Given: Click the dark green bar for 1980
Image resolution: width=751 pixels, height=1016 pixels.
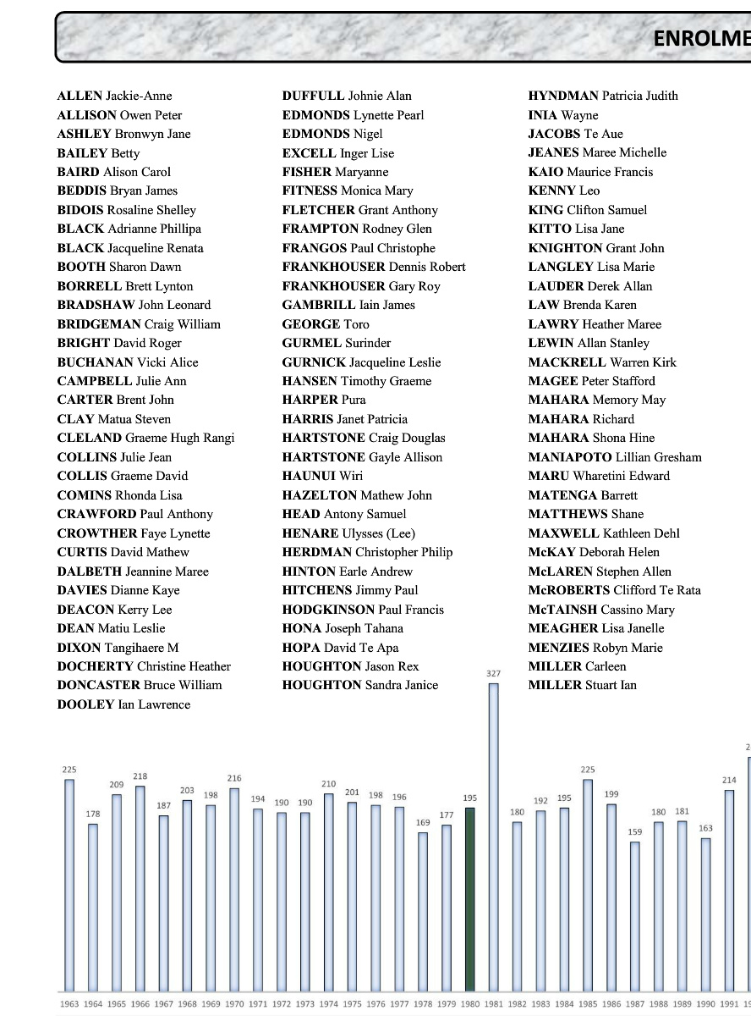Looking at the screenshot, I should pyautogui.click(x=470, y=898).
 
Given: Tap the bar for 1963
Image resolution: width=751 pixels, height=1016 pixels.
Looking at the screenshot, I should pyautogui.click(x=69, y=885).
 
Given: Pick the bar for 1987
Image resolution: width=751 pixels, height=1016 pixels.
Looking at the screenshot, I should pyautogui.click(x=635, y=916).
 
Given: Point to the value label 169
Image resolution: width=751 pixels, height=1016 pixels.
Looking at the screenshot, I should pyautogui.click(x=423, y=822).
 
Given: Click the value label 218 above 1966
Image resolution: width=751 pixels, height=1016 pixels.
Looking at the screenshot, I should pyautogui.click(x=140, y=776).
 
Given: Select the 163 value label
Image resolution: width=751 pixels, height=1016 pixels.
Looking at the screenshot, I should pyautogui.click(x=705, y=828).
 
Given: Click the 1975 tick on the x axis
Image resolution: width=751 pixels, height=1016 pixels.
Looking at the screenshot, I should pyautogui.click(x=352, y=1004).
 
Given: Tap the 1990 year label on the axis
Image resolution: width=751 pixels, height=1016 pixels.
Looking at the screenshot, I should pyautogui.click(x=705, y=1004).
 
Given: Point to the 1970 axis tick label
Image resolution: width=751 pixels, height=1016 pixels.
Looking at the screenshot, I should pyautogui.click(x=234, y=1004).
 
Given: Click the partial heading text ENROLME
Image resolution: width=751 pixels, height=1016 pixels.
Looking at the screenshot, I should pyautogui.click(x=701, y=38).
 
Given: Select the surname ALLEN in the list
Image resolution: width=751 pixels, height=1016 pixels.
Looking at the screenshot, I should pyautogui.click(x=79, y=96).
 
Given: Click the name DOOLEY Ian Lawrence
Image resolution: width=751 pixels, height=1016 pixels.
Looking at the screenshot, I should pyautogui.click(x=123, y=704).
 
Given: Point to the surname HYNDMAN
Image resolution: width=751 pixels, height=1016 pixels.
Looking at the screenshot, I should pyautogui.click(x=563, y=96).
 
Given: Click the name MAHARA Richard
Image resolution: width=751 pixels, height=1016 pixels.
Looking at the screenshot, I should pyautogui.click(x=581, y=419).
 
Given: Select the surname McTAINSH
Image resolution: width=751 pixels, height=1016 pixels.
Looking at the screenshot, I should pyautogui.click(x=562, y=610).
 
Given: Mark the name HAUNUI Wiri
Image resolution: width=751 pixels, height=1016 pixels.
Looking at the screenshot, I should pyautogui.click(x=322, y=476).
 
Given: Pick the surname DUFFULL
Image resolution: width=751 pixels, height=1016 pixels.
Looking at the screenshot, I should pyautogui.click(x=313, y=96).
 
